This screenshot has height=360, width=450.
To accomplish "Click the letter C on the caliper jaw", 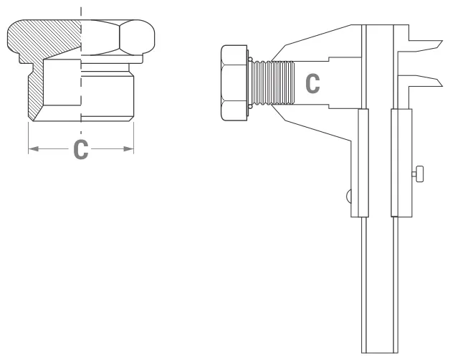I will coord(313,82).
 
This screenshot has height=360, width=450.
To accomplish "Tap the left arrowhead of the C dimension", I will coord(32,149).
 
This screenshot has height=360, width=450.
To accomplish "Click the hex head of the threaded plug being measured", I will coord(234,82).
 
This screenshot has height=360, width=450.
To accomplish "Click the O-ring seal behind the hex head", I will coord(249,82).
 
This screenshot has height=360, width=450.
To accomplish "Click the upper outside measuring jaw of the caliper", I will coord(322,43).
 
